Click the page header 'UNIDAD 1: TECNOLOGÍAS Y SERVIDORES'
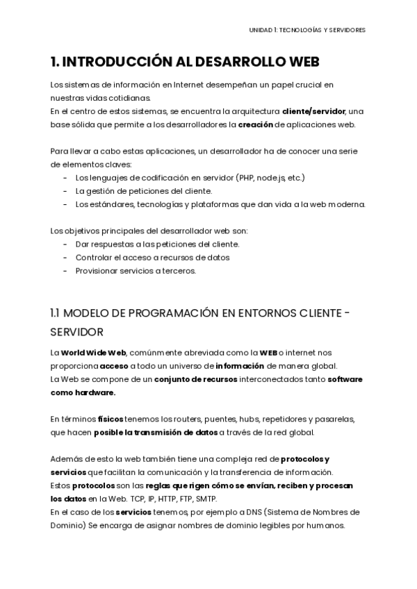[x=307, y=30]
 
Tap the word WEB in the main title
[x=300, y=63]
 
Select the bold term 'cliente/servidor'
[x=313, y=111]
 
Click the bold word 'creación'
[x=256, y=124]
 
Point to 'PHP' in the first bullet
[x=245, y=178]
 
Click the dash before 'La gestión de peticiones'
[x=65, y=191]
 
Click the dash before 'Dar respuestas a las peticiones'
[x=65, y=244]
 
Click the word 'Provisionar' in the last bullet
[x=97, y=271]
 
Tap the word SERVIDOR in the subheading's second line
[x=77, y=332]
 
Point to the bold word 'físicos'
[x=111, y=419]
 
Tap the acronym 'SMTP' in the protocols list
[x=206, y=499]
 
